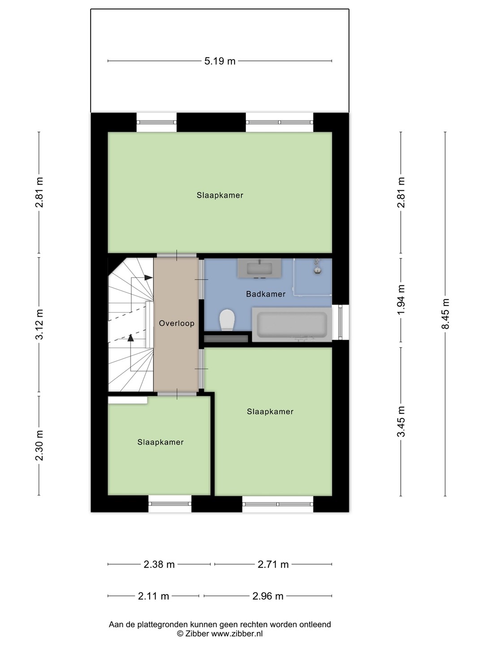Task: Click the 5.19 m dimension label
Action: coord(220,61)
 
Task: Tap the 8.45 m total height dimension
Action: coord(445,314)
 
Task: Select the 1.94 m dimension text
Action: coord(401,300)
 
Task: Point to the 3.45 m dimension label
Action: coord(401,421)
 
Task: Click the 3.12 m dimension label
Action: coord(39,324)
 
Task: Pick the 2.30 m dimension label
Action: coord(39,446)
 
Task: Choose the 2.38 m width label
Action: coord(159,564)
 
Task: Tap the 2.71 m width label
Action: coord(273,564)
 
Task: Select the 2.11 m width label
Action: coord(153,596)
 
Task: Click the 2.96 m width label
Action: coord(268,596)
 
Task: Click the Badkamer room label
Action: coord(266,294)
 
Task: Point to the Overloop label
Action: coord(177,323)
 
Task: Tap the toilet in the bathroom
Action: coord(227,320)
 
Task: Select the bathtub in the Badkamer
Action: coord(292,324)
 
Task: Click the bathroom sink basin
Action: coord(259,268)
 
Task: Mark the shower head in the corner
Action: coord(317,266)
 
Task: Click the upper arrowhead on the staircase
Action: coord(149,277)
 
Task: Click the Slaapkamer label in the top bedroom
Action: coord(220,195)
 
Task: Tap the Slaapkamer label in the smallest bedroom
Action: coord(160,442)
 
